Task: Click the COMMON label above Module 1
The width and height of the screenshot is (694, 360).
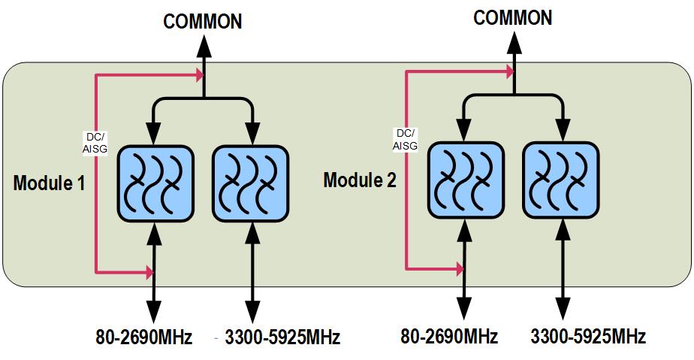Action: point(203,21)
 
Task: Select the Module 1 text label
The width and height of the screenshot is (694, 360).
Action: point(48,183)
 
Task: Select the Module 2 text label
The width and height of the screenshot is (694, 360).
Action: point(358,180)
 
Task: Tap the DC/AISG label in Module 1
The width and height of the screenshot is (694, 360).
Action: point(95,143)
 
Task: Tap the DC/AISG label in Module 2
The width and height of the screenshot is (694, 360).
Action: point(406,140)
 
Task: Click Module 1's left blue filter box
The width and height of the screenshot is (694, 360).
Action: point(153,183)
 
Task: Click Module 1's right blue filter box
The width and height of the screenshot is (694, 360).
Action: point(250,183)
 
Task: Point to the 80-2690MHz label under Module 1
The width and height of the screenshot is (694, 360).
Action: point(143,337)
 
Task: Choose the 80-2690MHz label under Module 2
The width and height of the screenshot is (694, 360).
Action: point(449,336)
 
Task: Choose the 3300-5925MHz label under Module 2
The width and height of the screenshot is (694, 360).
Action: point(588,336)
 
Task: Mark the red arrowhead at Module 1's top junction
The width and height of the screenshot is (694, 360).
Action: point(199,74)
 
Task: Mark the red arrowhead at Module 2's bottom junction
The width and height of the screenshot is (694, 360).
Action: point(459,268)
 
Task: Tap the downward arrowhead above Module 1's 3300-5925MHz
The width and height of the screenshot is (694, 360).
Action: point(250,310)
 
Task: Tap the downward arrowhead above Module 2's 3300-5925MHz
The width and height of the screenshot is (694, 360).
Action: point(560,308)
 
